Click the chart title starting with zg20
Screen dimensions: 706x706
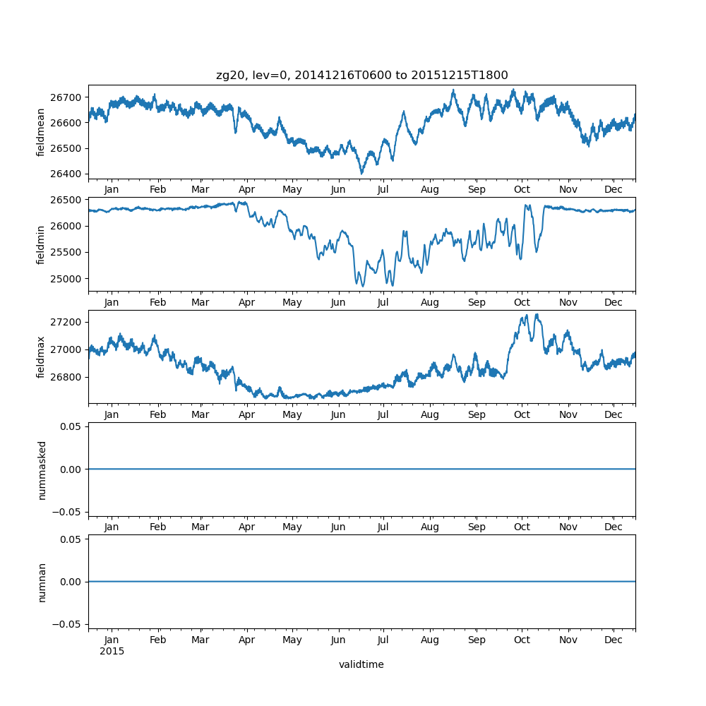pyautogui.click(x=361, y=76)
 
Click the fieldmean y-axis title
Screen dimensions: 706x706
pyautogui.click(x=41, y=132)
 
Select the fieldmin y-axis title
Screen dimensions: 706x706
pyautogui.click(x=41, y=245)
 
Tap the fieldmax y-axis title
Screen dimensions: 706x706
pyautogui.click(x=41, y=357)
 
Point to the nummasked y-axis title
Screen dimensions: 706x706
pyautogui.click(x=42, y=469)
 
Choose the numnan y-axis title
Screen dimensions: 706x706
pyautogui.click(x=42, y=582)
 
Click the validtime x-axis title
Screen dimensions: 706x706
pyautogui.click(x=361, y=664)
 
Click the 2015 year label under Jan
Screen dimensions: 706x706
pyautogui.click(x=112, y=651)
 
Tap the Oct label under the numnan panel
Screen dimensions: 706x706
pyautogui.click(x=522, y=640)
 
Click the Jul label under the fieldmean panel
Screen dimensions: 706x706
pyautogui.click(x=383, y=190)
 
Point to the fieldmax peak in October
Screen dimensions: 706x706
pyautogui.click(x=537, y=315)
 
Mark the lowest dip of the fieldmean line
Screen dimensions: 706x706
pyautogui.click(x=361, y=173)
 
